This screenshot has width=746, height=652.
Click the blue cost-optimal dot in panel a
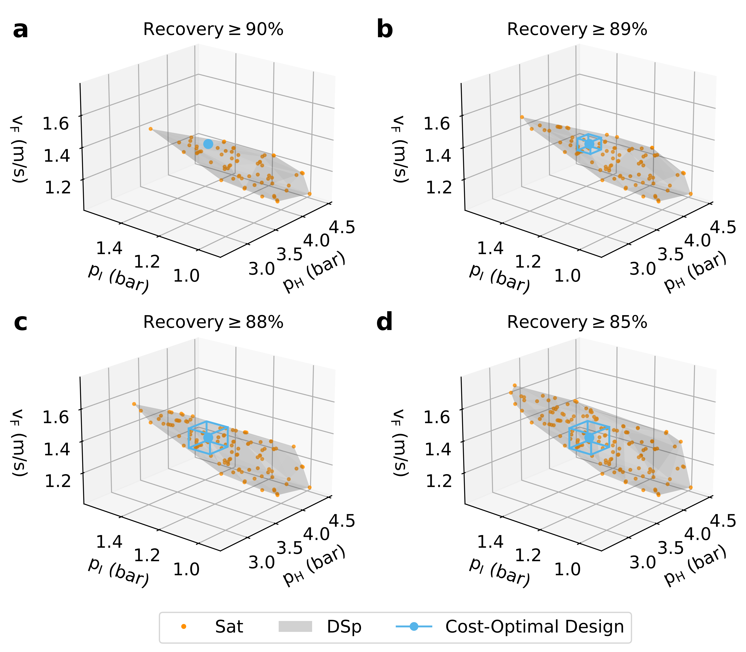point(208,144)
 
